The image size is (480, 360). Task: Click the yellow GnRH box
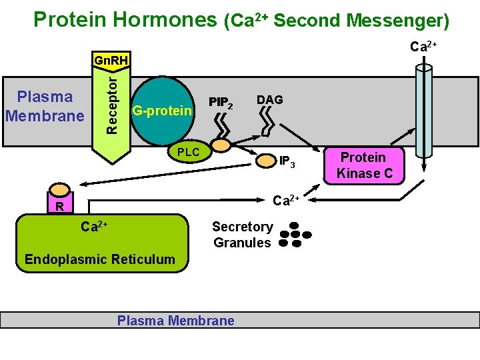111,61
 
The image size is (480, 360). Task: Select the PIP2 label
221,103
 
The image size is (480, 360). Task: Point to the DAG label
269,99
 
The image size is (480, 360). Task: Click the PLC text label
188,152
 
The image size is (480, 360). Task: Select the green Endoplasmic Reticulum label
99,259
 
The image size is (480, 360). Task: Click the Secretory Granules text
242,235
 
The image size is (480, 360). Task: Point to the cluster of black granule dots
295,235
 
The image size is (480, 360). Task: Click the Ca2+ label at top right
423,47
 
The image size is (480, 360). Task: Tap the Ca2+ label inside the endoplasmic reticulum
94,227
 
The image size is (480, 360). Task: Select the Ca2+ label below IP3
288,199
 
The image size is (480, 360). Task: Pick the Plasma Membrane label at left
45,106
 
